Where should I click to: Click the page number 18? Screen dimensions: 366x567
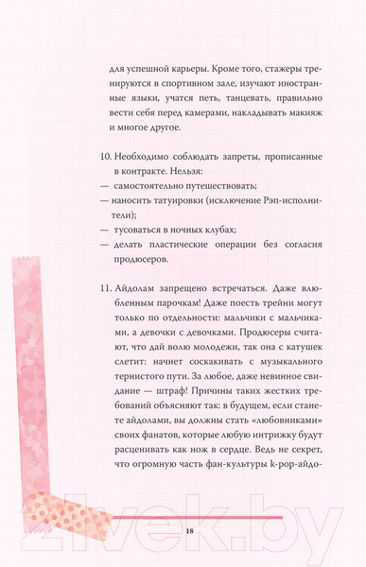(x=190, y=532)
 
